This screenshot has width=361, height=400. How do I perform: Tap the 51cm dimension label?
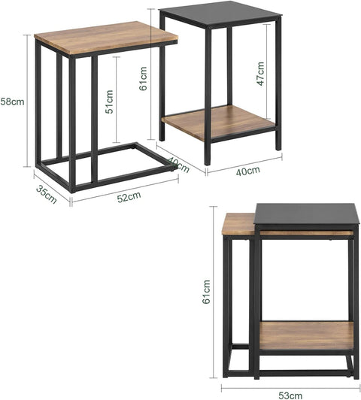[110, 101]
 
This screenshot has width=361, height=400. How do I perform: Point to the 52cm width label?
[128, 196]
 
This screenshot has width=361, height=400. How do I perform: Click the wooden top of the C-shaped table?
[105, 38]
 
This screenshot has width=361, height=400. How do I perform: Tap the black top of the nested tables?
[301, 215]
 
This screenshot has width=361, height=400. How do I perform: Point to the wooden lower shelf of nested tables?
[305, 335]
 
